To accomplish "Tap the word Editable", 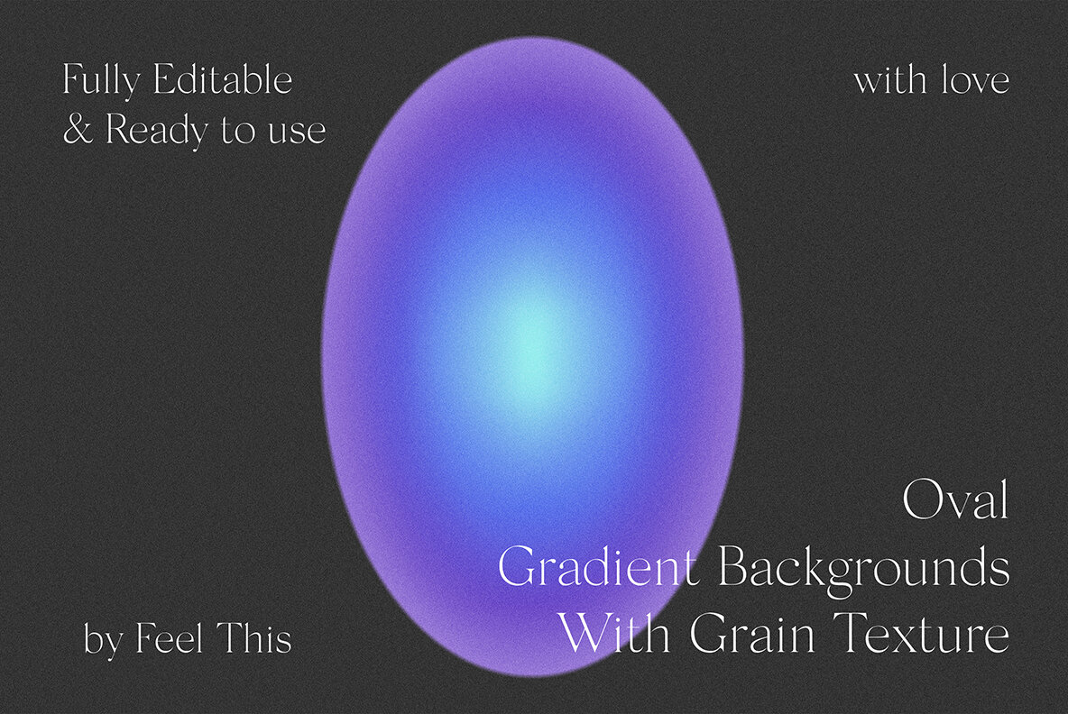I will point(222,81).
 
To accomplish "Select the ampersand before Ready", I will point(78,131).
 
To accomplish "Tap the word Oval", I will point(955,502).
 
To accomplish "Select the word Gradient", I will point(597,569).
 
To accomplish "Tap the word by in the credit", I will point(103,640).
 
